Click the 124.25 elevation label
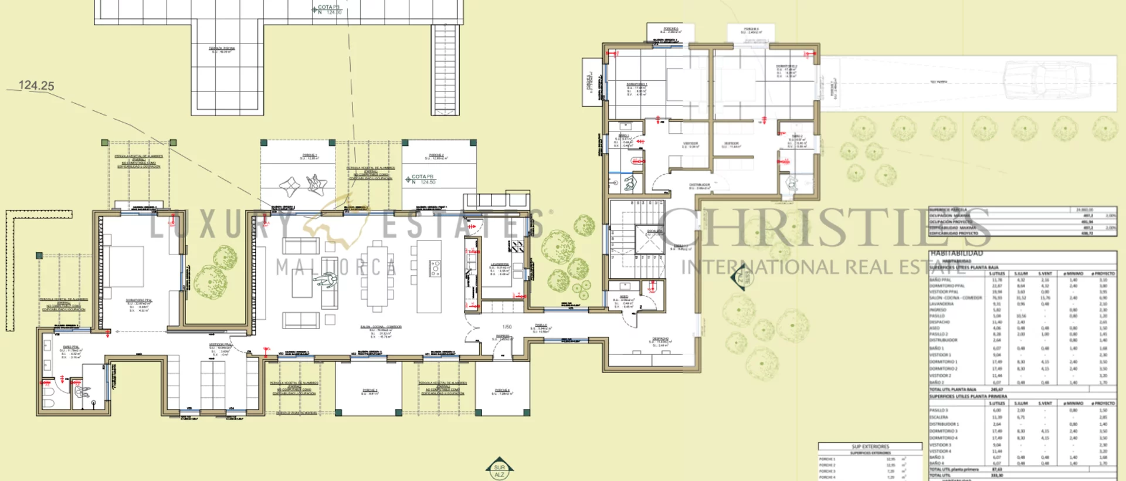36,86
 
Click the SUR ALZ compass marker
499,469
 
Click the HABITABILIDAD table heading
957,253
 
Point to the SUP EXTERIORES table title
870,446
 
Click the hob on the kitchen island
435,269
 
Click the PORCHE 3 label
369,391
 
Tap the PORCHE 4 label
502,391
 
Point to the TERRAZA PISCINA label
222,49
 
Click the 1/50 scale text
507,327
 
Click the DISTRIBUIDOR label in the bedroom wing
699,186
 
